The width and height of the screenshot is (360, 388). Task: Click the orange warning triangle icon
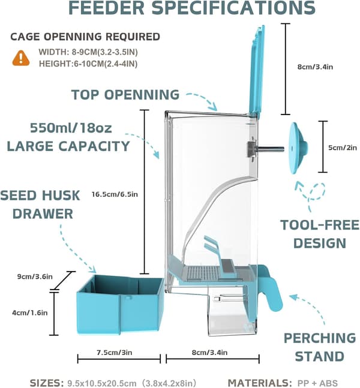point(21,58)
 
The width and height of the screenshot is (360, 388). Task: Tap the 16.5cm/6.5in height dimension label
point(115,194)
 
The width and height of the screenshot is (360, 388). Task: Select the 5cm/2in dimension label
point(343,148)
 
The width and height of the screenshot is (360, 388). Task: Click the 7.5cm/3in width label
point(114,353)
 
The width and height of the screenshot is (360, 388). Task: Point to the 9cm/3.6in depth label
point(35,276)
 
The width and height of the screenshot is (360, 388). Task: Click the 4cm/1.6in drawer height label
point(30,313)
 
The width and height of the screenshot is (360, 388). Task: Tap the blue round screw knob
point(299,148)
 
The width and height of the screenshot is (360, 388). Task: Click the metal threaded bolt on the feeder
point(266,149)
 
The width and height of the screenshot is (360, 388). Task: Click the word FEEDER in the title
point(106,8)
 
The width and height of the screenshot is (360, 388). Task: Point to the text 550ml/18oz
point(71,128)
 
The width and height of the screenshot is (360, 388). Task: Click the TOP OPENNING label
point(125,95)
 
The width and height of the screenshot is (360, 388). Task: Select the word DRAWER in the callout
point(43,214)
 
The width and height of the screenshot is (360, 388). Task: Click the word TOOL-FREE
point(320,225)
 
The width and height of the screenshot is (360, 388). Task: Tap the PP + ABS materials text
point(317,383)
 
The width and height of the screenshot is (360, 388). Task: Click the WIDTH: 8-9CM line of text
point(88,52)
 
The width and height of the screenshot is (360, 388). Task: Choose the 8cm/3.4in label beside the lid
point(315,67)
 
